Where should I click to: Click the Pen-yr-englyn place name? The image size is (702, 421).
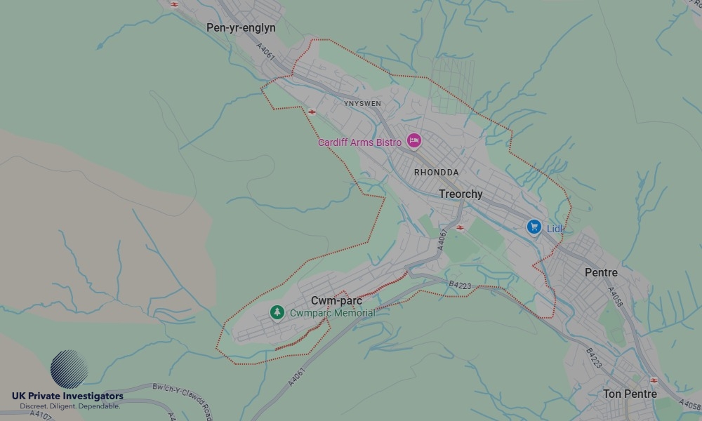pos(241,28)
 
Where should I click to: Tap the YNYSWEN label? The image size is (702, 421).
pos(362,104)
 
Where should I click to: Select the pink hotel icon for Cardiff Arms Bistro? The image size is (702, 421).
pos(413,142)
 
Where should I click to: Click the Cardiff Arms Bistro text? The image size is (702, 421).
pos(359,143)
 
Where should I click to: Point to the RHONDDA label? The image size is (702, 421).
pos(436,173)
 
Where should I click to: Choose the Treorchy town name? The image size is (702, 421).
pos(461,194)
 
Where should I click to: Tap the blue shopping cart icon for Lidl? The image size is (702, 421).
pos(534,227)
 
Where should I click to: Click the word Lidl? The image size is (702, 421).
pos(555,229)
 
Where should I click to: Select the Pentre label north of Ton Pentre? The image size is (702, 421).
pos(601,273)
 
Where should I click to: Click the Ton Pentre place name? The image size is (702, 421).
pos(630,394)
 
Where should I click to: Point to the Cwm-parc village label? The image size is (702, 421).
pos(336,301)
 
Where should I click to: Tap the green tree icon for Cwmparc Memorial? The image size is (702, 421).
pos(277,312)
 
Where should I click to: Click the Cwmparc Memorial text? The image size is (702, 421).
pos(332,314)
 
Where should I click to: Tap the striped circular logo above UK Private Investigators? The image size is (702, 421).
pos(69,369)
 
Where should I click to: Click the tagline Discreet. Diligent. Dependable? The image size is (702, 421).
pos(69,406)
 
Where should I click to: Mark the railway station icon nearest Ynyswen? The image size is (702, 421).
pos(311,112)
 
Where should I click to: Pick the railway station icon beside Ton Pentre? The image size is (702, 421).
pos(654,380)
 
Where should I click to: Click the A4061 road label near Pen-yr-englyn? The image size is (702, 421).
pos(266,53)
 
